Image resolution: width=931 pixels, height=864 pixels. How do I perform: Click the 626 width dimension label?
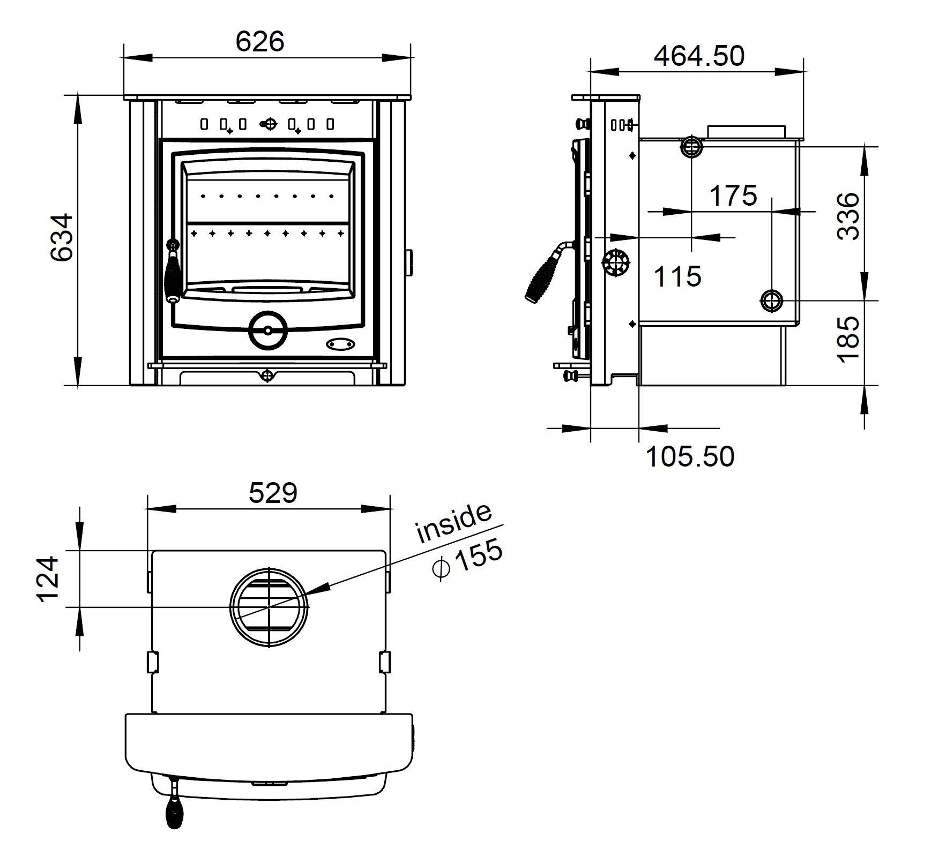260,41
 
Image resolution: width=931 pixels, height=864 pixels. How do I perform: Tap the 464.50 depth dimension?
699,56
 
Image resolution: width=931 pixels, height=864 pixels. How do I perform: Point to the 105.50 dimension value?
690,456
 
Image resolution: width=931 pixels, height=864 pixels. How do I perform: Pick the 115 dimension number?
677,276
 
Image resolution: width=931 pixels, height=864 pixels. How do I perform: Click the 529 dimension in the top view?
272,493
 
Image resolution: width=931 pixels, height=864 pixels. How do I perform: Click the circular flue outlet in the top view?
269,607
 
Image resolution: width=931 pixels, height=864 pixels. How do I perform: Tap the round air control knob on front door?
268,330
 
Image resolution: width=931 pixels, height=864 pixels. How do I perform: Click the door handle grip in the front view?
173,276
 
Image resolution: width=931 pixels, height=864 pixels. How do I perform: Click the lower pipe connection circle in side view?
771,300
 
